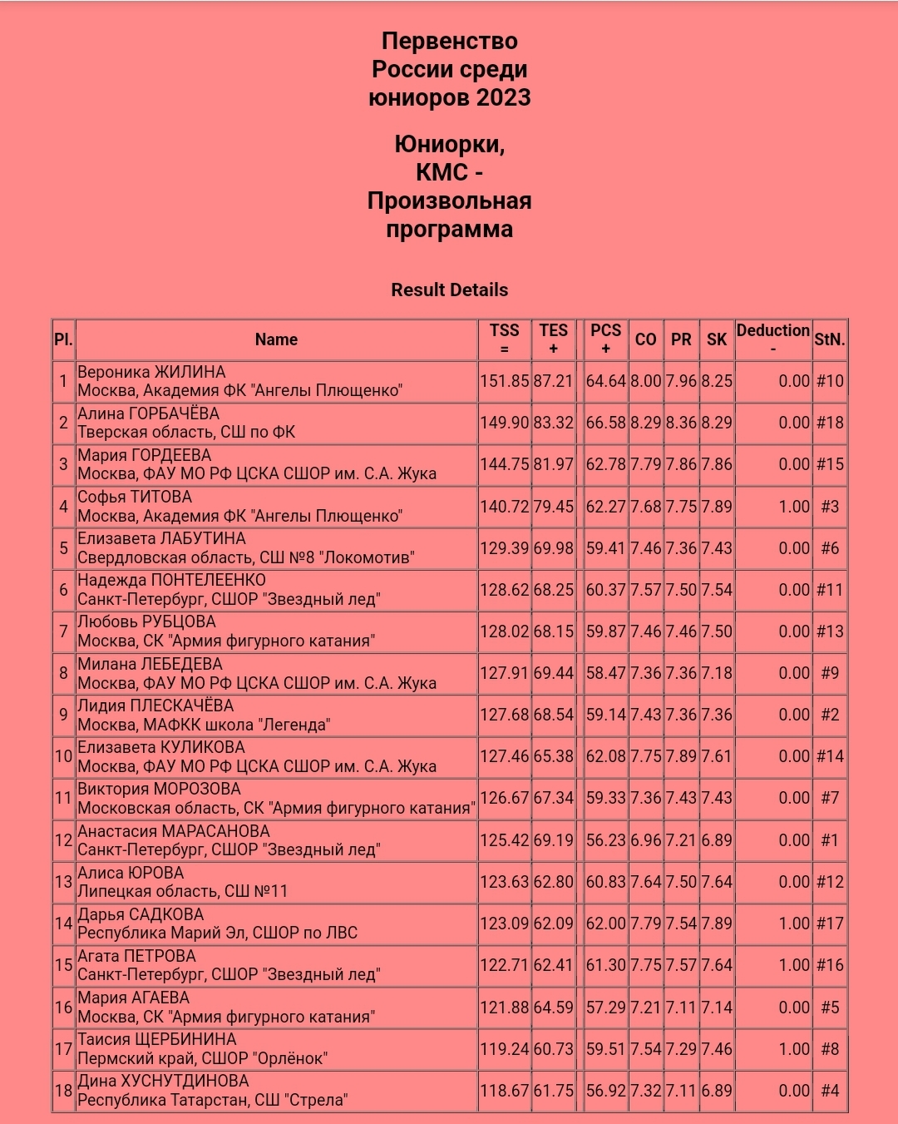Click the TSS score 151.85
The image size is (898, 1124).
tap(504, 381)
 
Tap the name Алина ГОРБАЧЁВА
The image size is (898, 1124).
tap(148, 413)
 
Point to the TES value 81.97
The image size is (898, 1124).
tap(554, 464)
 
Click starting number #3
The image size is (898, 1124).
tap(830, 506)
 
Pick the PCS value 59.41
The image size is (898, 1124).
tap(605, 548)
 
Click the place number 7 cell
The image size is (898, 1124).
tap(63, 631)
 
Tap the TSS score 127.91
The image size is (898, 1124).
tap(504, 673)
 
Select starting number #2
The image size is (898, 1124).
tap(830, 715)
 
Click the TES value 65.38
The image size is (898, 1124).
tap(554, 756)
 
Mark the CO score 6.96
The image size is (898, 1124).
tap(646, 840)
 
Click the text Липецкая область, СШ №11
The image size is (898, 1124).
tap(182, 891)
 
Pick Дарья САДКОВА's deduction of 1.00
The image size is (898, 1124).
tap(793, 923)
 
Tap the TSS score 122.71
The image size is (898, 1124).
tap(504, 965)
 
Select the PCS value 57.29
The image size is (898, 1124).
tap(605, 1008)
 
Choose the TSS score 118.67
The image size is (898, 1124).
tap(504, 1091)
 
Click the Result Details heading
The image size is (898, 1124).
tap(449, 290)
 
